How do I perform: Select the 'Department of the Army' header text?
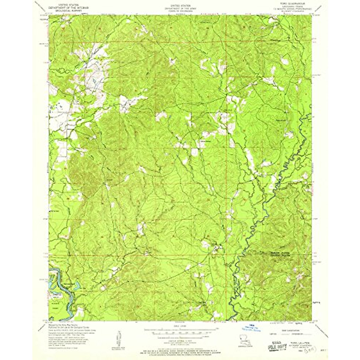click(180, 7)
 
